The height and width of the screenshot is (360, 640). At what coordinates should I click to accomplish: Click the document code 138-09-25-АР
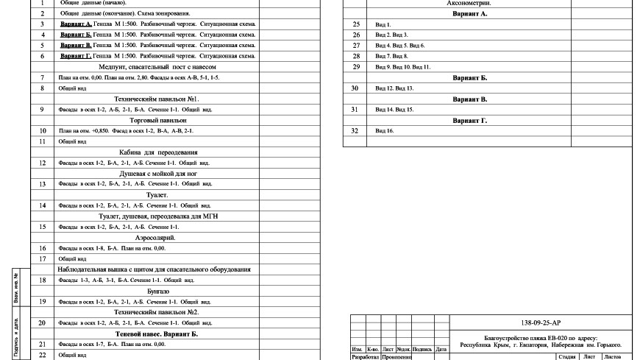540,322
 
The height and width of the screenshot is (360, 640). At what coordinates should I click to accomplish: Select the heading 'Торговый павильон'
157,119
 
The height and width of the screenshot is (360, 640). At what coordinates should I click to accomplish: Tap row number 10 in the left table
43,130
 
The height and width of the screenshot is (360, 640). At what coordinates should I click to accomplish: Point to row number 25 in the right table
356,24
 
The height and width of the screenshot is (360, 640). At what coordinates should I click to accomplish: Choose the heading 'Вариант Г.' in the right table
469,120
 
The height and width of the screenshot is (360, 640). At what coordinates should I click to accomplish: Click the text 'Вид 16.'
385,130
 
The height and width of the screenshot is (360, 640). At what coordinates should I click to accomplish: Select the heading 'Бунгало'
157,291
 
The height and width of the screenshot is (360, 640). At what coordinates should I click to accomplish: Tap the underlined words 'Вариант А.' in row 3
76,24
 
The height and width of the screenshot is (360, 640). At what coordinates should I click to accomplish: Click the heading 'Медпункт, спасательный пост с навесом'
157,66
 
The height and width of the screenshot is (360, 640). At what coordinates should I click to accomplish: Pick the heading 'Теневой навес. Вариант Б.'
157,333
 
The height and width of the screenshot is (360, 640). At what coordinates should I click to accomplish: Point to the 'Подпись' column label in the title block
422,348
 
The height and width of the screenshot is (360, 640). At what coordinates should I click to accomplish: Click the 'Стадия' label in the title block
566,356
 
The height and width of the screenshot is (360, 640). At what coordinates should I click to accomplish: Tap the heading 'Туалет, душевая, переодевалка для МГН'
157,216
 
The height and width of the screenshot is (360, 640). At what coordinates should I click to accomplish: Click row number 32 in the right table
356,130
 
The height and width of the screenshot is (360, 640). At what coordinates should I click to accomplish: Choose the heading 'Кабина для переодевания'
157,152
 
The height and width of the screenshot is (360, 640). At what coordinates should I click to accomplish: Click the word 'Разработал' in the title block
365,357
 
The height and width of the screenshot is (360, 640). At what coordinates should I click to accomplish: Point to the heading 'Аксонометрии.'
469,3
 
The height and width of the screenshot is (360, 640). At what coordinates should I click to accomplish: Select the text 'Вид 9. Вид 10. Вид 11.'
403,67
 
